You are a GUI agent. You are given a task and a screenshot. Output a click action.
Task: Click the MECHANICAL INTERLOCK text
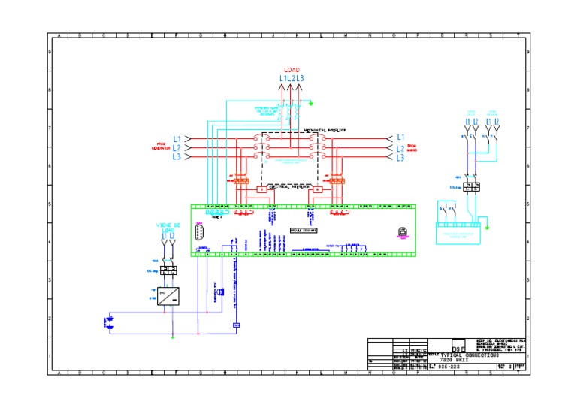click(x=324, y=130)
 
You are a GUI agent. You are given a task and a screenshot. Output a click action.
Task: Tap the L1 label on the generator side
click(x=177, y=138)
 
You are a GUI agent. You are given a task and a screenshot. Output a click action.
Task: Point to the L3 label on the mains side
click(x=400, y=158)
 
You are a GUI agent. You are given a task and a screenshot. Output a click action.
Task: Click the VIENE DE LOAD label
click(x=168, y=226)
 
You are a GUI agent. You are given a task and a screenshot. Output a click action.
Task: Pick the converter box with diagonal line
click(x=168, y=295)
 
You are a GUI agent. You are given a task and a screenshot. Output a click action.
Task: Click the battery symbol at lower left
click(x=110, y=322)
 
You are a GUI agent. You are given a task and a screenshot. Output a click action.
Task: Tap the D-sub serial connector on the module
click(x=200, y=234)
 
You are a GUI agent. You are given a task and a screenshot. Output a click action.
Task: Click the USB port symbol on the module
click(x=403, y=232)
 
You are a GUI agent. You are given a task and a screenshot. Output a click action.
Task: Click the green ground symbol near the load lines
click(x=312, y=104)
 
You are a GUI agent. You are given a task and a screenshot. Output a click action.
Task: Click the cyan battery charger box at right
click(x=458, y=234)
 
